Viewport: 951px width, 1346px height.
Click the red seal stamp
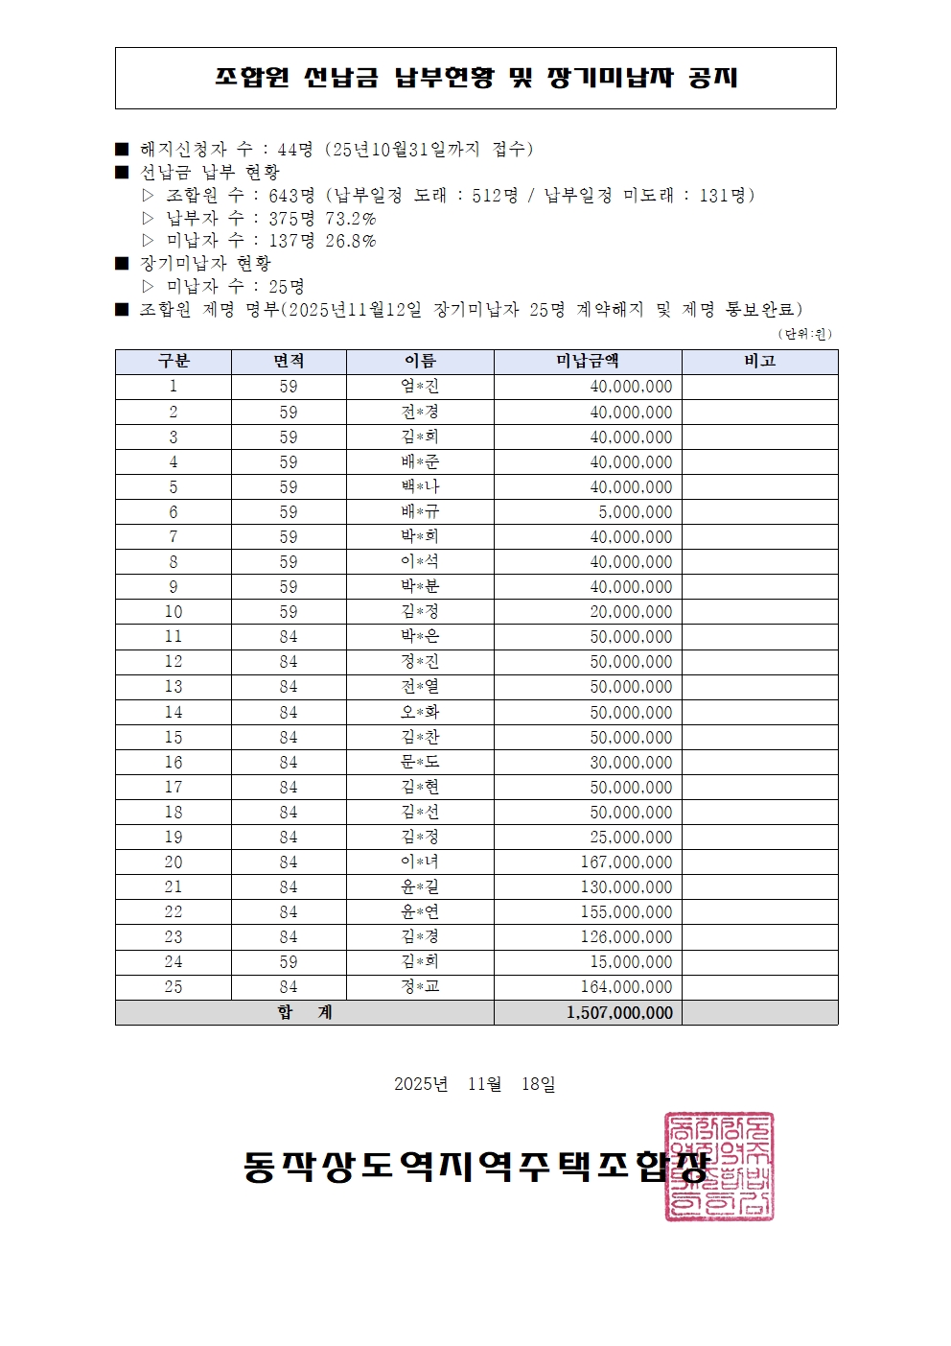tap(719, 1167)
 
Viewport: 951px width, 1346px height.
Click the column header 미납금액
tap(588, 362)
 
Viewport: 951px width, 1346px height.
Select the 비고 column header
tap(759, 362)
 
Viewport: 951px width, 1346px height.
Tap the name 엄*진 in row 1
tap(420, 387)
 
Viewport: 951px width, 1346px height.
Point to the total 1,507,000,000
tap(619, 1013)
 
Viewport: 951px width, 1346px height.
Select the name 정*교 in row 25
tap(420, 987)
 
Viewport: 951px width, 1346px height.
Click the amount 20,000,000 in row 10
tap(631, 612)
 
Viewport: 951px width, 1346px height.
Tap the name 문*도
tap(420, 763)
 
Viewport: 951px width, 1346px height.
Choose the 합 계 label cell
tap(305, 1013)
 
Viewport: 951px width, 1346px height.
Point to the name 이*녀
tap(420, 862)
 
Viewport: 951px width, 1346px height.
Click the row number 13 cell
tap(174, 687)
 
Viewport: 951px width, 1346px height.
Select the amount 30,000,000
tap(631, 763)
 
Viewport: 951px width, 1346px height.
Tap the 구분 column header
tap(174, 362)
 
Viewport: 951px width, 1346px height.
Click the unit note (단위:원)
tap(804, 334)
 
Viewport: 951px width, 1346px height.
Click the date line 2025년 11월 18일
tap(475, 1084)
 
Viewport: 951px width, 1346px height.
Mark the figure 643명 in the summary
tap(291, 196)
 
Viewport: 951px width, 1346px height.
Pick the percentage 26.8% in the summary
tap(351, 241)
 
